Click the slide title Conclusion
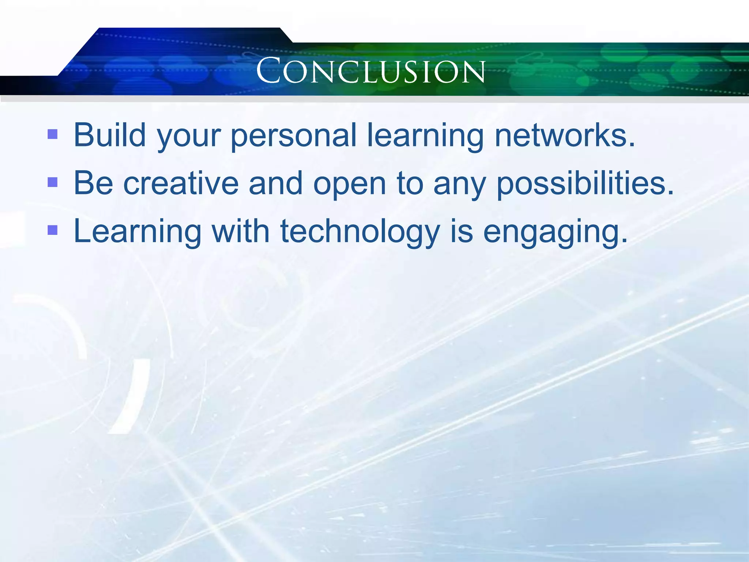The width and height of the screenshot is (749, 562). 371,71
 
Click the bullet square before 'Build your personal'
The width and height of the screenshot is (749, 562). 53,134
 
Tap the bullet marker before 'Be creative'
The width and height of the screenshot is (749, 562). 53,182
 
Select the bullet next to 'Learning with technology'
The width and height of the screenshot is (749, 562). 53,230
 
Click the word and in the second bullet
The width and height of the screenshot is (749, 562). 275,183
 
